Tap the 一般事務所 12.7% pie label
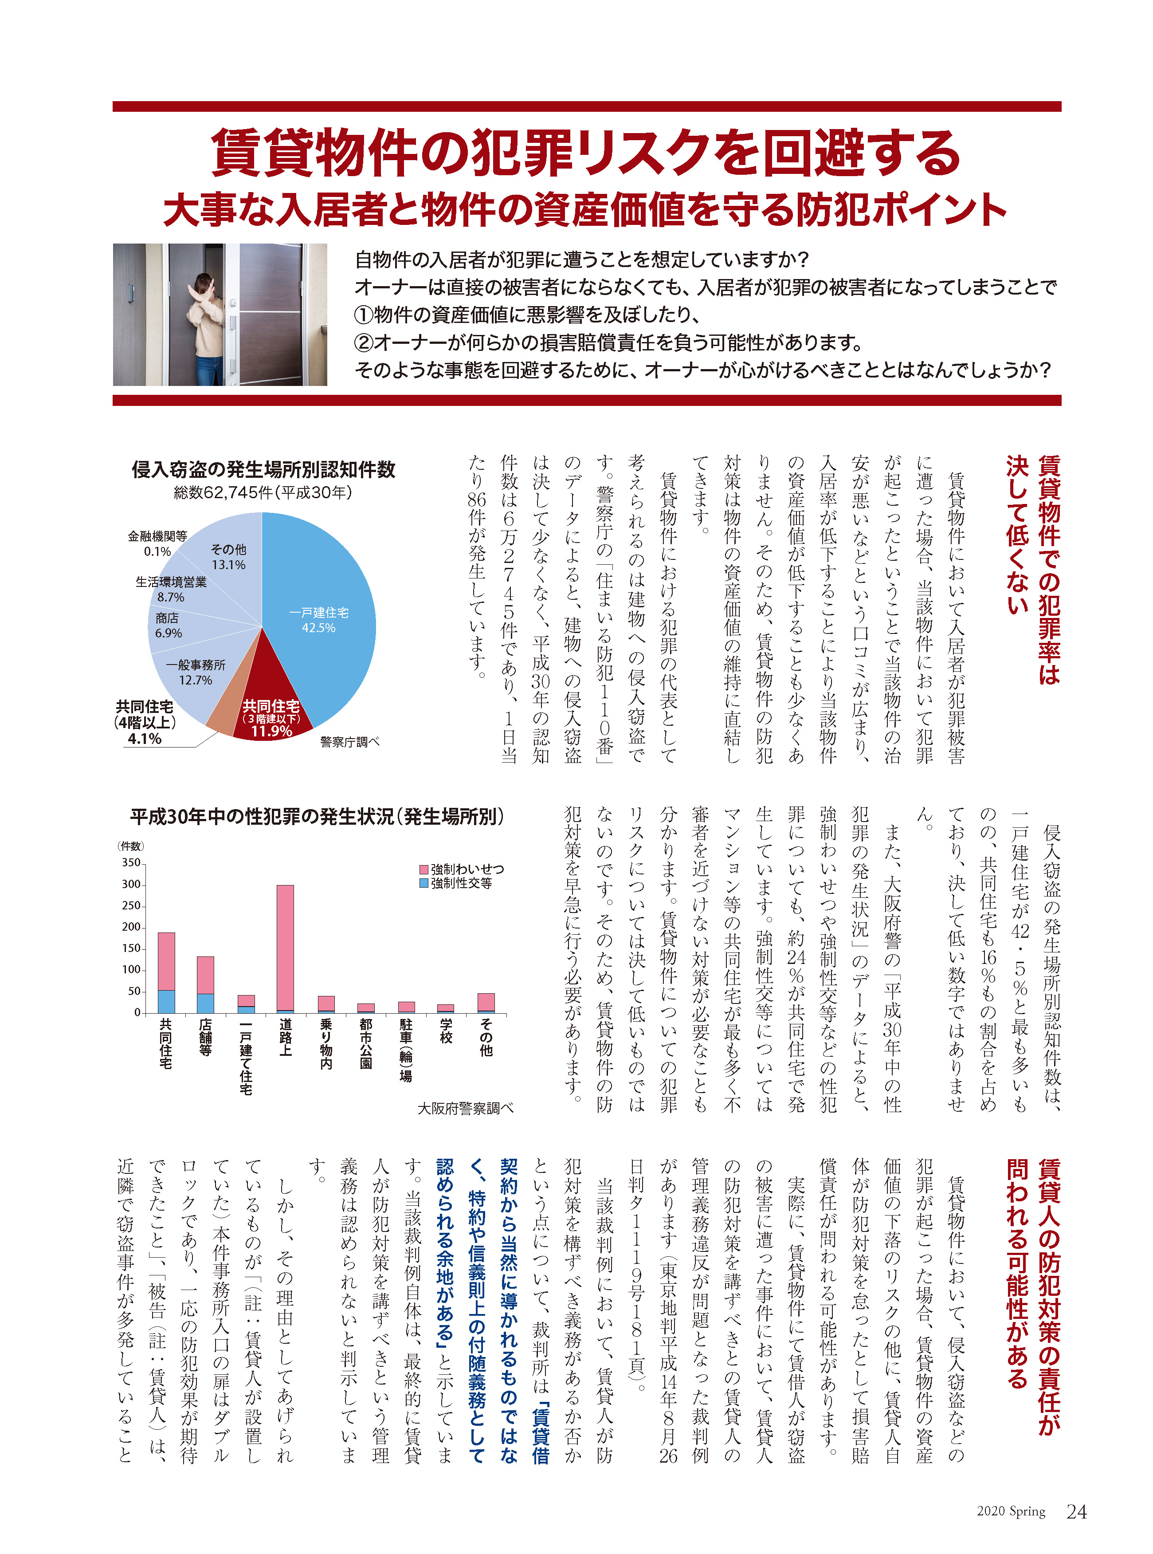click(x=196, y=672)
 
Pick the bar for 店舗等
click(x=205, y=984)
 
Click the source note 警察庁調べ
click(x=349, y=742)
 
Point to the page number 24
click(x=1076, y=1511)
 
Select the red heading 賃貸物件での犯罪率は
click(x=1049, y=569)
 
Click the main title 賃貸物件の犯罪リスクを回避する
click(x=586, y=152)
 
